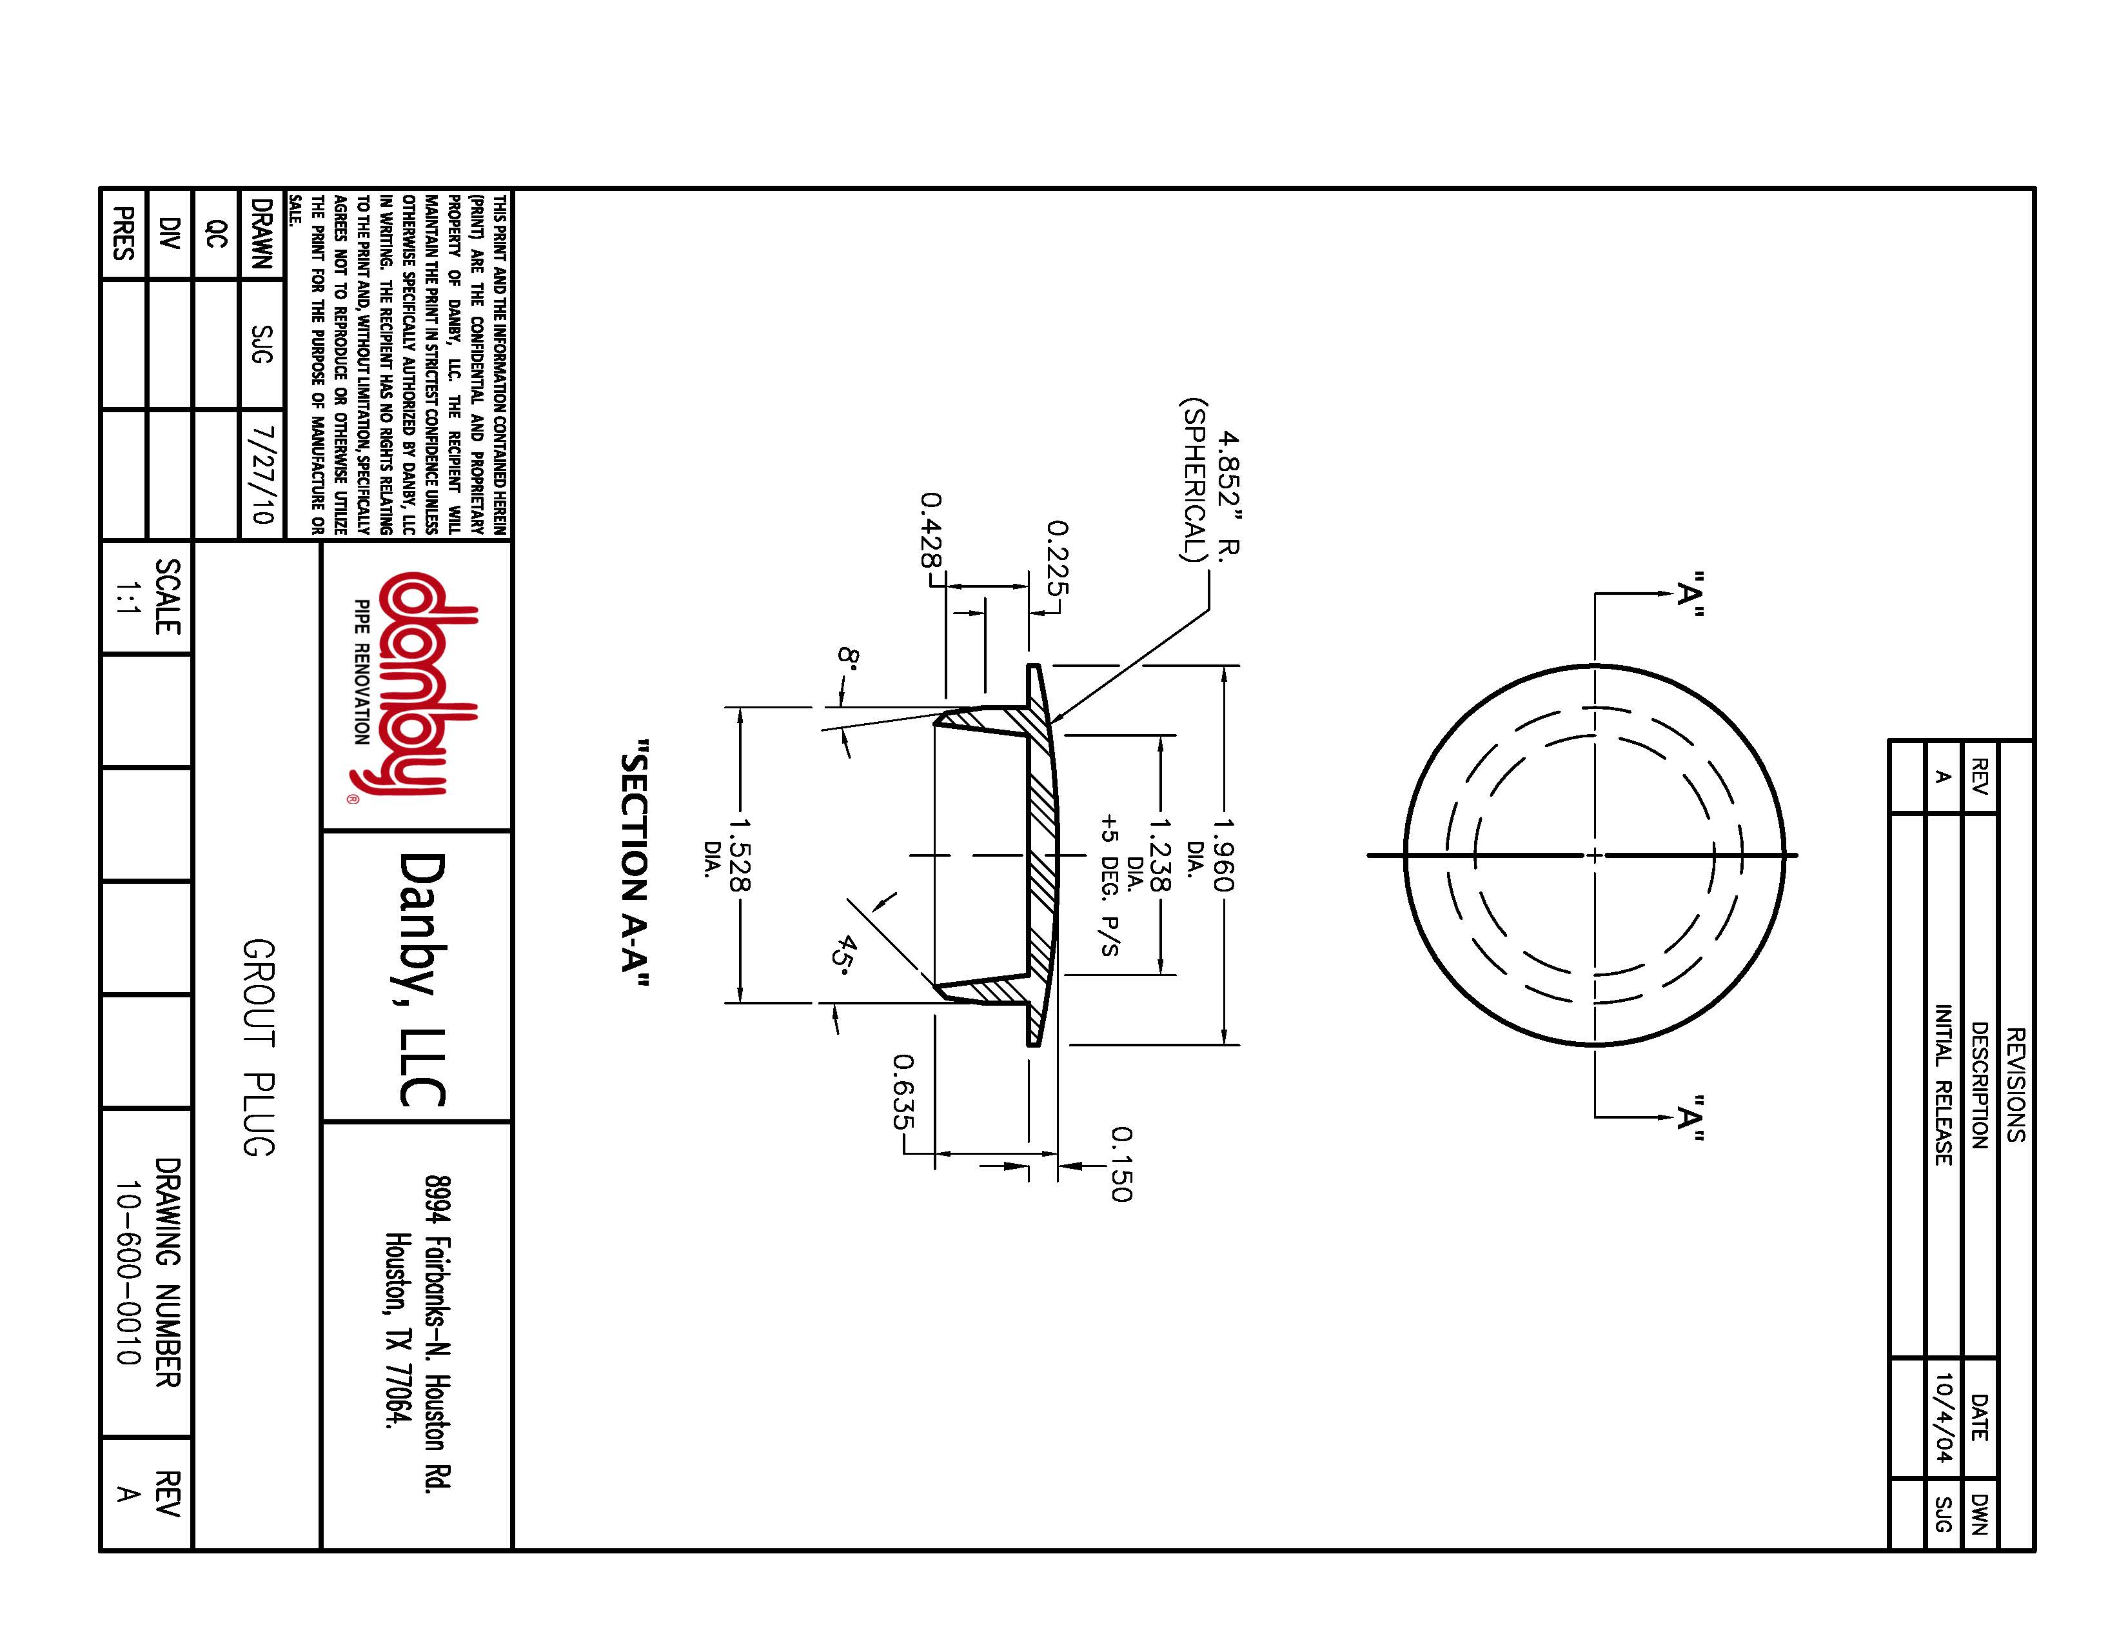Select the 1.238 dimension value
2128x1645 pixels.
[1159, 855]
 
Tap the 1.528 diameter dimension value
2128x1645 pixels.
[738, 855]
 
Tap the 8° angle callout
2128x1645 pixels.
[847, 656]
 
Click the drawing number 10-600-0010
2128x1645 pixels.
[128, 1271]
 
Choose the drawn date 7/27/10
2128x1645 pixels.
[261, 475]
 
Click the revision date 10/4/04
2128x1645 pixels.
[1943, 1418]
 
